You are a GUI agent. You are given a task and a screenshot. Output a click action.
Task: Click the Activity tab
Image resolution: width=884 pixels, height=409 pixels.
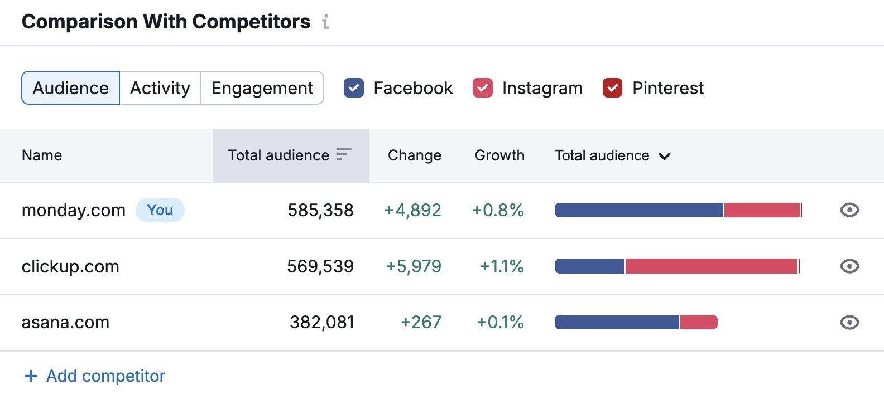pos(160,88)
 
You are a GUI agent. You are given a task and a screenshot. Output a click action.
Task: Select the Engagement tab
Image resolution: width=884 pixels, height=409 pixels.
pos(262,88)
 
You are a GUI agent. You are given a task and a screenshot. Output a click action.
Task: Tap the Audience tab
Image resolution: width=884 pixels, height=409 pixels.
pos(71,88)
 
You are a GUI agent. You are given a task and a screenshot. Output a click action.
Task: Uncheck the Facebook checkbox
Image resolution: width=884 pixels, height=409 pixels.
pos(354,88)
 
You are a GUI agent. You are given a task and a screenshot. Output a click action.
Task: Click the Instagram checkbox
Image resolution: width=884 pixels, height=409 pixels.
pos(483,88)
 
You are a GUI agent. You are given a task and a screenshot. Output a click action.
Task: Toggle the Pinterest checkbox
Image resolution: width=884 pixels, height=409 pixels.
pos(613,88)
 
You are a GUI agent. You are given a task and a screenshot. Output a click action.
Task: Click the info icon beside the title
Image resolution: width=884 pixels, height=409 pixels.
pos(326,22)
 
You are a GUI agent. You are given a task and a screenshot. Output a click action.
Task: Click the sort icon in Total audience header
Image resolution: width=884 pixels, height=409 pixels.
pos(344,154)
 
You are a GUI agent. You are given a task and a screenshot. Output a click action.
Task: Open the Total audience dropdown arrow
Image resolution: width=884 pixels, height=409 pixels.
pos(664,156)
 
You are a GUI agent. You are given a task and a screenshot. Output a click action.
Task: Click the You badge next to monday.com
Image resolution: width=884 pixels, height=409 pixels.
pos(160,210)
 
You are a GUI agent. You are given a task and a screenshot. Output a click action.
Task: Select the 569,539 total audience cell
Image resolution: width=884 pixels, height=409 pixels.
pos(320,266)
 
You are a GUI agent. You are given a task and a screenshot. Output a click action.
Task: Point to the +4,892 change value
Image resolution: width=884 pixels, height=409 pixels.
pos(413,210)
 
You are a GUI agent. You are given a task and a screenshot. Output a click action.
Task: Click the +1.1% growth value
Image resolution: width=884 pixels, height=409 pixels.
pos(502,266)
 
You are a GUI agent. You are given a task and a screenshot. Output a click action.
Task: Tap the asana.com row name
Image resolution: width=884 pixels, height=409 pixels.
pos(65,322)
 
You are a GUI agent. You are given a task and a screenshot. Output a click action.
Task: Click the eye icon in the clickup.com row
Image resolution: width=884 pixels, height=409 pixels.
pos(849,266)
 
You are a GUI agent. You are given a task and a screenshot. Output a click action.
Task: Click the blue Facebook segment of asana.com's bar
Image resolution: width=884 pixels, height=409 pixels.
pos(617,322)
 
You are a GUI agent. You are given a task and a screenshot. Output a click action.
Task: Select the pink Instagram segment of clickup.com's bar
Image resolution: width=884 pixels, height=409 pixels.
pos(710,266)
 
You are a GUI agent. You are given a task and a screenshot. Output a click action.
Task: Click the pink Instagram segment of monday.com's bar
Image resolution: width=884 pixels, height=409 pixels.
pos(762,210)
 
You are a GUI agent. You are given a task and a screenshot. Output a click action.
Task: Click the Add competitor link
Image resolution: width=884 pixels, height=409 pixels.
pos(95,376)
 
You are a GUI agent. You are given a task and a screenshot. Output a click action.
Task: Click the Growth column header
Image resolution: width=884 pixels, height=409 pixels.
pos(499,155)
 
